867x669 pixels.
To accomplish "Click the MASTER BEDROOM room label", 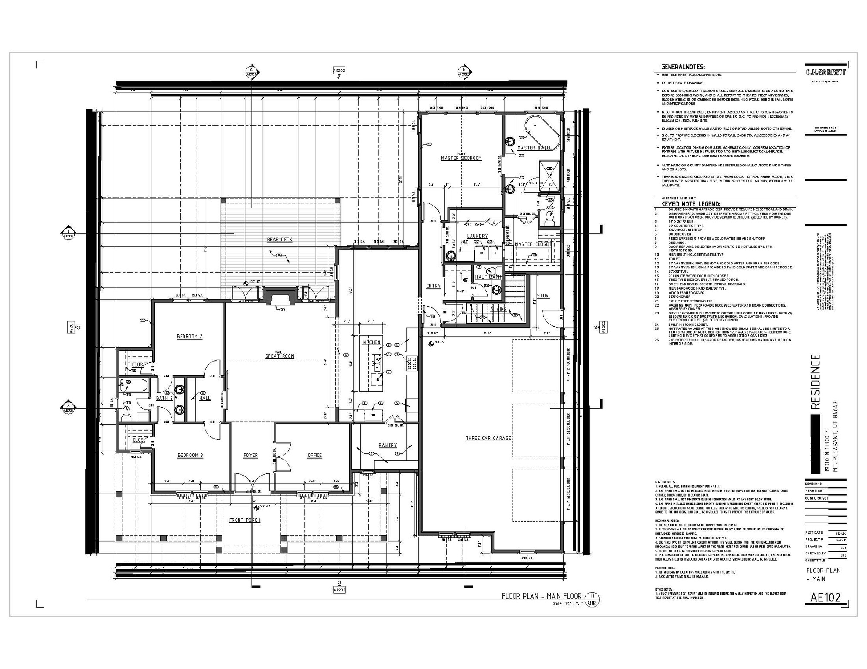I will point(461,158).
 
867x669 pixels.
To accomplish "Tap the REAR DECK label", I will point(280,240).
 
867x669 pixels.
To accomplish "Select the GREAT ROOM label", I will point(280,356).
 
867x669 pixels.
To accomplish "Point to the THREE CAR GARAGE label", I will point(488,438).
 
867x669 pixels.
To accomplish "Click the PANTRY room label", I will point(387,445).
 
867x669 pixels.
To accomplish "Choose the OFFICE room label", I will point(314,455).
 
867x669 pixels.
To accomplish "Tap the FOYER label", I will point(250,455).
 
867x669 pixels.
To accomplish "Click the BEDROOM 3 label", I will point(190,455).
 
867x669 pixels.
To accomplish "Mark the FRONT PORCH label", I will point(245,520).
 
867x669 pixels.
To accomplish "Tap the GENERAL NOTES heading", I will point(683,67).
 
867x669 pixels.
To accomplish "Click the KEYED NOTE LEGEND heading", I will point(690,204).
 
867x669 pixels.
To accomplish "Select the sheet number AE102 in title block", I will point(825,598).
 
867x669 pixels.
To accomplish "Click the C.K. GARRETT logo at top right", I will point(825,72).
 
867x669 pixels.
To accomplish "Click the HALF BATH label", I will point(488,277).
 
